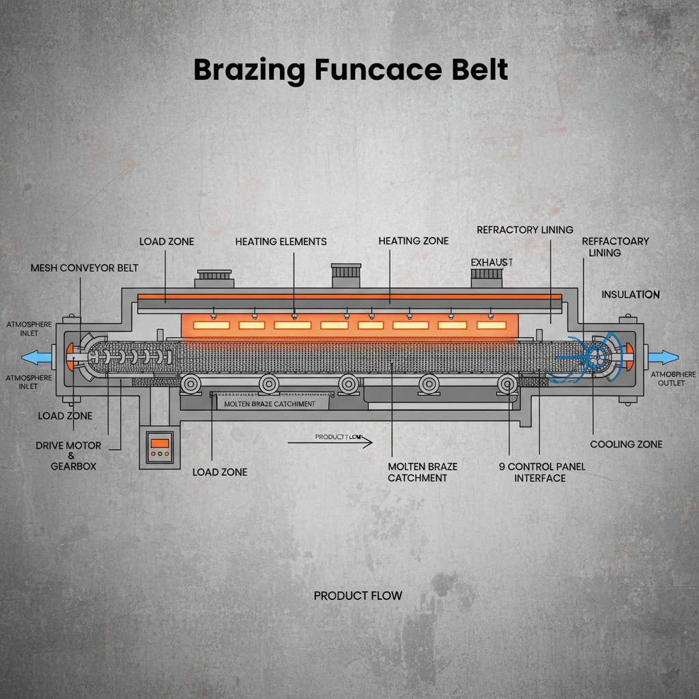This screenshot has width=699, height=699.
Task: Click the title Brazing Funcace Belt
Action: [x=350, y=70]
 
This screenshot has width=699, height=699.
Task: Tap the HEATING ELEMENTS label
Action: [x=281, y=242]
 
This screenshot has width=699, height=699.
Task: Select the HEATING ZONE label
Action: [x=414, y=241]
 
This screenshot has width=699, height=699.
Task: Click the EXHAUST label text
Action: [x=491, y=262]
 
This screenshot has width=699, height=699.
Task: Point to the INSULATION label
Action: [x=630, y=295]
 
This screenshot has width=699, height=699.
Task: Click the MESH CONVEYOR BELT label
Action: [x=84, y=268]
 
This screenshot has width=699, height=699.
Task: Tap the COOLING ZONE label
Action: [x=626, y=444]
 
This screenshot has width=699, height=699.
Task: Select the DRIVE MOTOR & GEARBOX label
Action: [x=68, y=455]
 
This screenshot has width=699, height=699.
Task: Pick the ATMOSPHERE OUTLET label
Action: [x=672, y=379]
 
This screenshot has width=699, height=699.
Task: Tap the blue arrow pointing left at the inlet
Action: [x=37, y=356]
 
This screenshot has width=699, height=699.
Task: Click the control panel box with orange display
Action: [x=160, y=448]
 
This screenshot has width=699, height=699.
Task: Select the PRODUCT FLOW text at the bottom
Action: [x=358, y=596]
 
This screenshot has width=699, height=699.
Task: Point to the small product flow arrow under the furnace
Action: [x=330, y=442]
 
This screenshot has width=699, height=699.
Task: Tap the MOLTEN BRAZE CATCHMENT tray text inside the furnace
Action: [x=270, y=404]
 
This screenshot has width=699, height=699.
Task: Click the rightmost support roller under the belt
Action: [x=507, y=384]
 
